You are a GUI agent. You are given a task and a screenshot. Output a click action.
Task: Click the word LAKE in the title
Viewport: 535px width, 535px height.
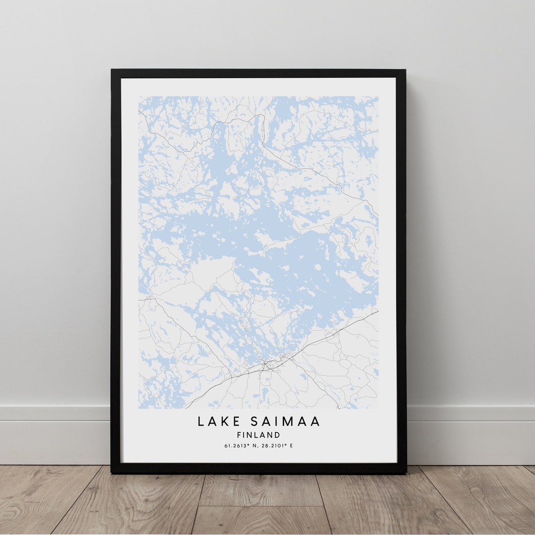(x=216, y=422)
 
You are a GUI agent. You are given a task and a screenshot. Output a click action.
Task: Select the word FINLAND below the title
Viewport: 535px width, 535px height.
(x=259, y=435)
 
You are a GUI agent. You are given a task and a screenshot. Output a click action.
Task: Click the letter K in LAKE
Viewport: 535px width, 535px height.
(x=224, y=422)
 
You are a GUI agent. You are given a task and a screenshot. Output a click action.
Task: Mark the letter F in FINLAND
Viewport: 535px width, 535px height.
(x=239, y=435)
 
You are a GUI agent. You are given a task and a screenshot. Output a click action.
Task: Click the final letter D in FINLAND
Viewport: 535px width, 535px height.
(x=277, y=435)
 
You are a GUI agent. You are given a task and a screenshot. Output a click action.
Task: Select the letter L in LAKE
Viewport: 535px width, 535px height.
(x=201, y=422)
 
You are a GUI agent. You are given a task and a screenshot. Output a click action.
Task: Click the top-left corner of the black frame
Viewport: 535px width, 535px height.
(x=112, y=70)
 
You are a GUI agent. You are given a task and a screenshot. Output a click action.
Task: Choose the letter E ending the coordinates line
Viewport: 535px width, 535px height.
(x=291, y=446)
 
